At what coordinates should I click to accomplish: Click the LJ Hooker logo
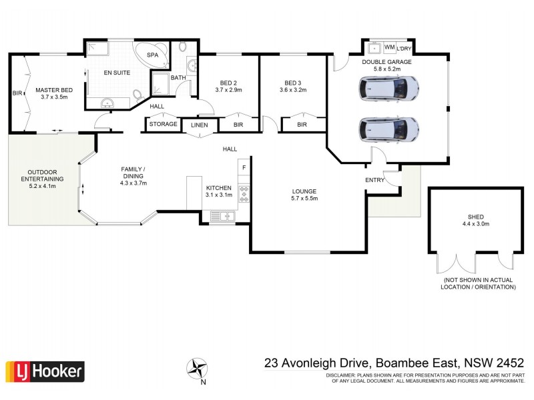45,371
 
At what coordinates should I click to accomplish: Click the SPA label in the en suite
153,55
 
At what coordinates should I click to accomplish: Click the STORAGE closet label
163,124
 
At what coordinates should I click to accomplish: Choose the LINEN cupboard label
200,125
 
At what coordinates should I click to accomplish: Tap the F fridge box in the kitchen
244,167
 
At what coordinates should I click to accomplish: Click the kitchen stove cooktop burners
244,194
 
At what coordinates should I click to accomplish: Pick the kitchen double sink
221,215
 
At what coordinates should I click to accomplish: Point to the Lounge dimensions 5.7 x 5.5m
304,198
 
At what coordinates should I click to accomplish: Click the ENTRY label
374,181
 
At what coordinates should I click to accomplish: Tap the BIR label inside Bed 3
302,125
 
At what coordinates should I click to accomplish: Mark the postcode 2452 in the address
506,363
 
